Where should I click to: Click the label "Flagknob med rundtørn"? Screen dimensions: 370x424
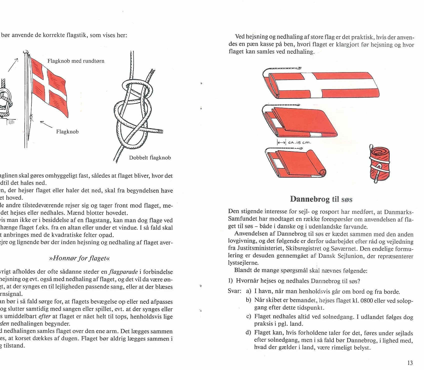click(76, 61)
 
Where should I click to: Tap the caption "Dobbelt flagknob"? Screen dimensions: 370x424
click(150, 158)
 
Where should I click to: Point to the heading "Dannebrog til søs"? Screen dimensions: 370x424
click(321, 199)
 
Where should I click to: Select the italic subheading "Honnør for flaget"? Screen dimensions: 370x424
click(80, 258)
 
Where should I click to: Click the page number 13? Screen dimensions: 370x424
click(410, 363)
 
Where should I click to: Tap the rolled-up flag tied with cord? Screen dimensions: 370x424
click(380, 164)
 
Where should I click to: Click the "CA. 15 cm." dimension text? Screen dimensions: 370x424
click(299, 143)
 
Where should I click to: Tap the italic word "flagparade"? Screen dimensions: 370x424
click(123, 272)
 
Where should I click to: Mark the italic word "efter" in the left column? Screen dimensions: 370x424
click(45, 316)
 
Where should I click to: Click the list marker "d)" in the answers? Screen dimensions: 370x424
click(249, 333)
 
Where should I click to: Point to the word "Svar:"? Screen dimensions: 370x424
click(235, 291)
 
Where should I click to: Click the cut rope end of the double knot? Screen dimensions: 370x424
click(161, 131)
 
